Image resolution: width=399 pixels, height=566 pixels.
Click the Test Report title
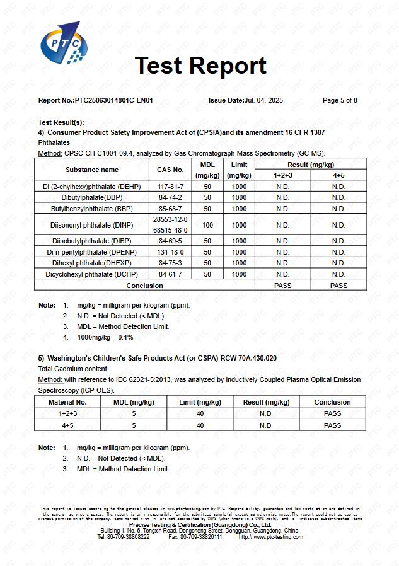pos(200,66)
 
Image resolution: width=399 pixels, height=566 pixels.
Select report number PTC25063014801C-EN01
pos(113,100)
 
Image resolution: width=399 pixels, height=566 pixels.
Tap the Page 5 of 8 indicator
pos(340,100)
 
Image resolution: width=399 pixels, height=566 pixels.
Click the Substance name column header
pos(92,170)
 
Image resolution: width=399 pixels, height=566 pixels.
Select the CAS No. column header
pos(170,170)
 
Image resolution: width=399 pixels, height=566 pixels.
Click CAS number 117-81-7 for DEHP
pos(170,187)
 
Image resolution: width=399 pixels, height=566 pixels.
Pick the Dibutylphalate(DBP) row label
pos(92,197)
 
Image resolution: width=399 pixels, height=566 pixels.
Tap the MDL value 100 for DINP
pos(207,225)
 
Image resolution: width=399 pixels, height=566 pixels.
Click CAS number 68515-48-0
pos(170,230)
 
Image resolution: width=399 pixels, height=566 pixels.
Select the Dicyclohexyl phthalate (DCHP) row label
pos(92,274)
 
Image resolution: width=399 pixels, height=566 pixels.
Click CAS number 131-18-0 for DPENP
pos(170,252)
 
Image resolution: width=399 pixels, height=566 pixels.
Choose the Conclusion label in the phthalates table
pos(144,286)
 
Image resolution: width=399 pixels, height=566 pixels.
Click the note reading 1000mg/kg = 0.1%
pos(105,337)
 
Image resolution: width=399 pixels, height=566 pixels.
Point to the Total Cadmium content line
pos(72,369)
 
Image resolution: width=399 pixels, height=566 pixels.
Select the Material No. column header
pos(67,402)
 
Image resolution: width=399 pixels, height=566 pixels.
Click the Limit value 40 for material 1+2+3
pos(200,413)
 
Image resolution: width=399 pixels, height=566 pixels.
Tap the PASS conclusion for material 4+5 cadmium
pos(332,425)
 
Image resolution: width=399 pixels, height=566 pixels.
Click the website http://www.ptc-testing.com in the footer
pos(271,537)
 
